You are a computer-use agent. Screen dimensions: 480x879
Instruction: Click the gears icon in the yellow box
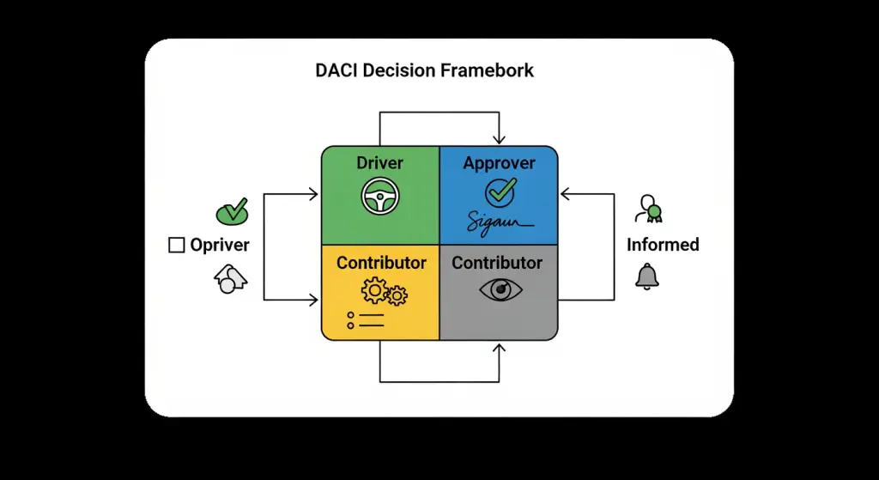(384, 293)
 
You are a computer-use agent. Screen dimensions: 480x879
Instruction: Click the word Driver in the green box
(380, 163)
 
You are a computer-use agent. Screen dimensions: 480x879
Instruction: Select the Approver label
(499, 163)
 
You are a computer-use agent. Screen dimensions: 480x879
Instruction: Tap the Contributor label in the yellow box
(381, 263)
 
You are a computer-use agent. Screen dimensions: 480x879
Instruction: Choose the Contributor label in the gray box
(497, 263)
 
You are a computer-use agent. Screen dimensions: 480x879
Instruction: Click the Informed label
(663, 245)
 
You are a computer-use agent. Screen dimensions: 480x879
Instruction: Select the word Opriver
(220, 246)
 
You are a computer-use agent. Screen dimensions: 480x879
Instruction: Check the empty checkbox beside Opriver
(177, 246)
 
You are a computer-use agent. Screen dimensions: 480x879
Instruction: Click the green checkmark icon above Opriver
(231, 210)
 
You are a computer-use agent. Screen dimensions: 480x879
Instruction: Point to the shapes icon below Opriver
(229, 279)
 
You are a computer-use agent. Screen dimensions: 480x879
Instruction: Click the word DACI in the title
(336, 70)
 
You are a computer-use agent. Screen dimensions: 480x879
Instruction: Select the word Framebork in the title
(487, 70)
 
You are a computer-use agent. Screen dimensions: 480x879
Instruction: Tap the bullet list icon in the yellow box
(365, 321)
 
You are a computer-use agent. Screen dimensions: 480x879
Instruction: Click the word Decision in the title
(399, 70)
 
